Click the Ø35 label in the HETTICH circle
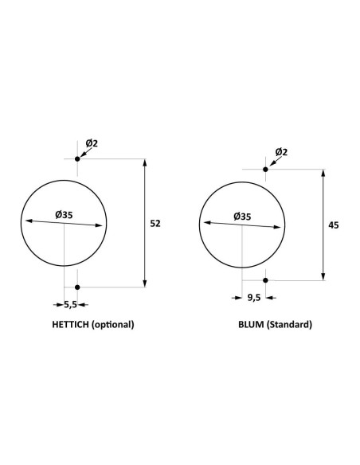[65, 214]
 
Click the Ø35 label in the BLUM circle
[242, 216]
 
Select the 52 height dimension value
[155, 224]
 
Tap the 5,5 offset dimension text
[70, 304]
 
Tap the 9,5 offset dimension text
[254, 297]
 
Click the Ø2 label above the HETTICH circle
[92, 143]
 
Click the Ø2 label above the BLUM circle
[281, 152]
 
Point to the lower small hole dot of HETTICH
[77, 287]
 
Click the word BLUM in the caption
[251, 325]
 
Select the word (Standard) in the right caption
[290, 325]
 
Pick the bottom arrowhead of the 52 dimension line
[144, 283]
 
